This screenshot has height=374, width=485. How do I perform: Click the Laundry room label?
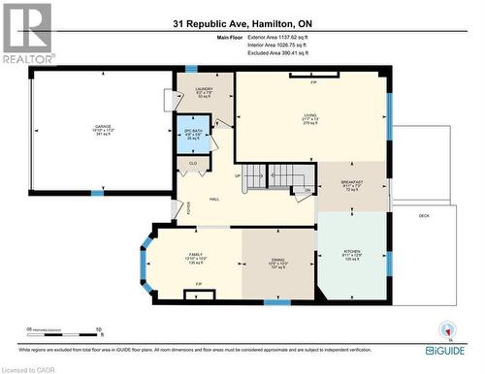pyautogui.click(x=204, y=92)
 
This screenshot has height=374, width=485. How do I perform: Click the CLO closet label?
pyautogui.click(x=193, y=164)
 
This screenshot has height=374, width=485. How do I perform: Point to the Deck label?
pyautogui.click(x=424, y=215)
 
